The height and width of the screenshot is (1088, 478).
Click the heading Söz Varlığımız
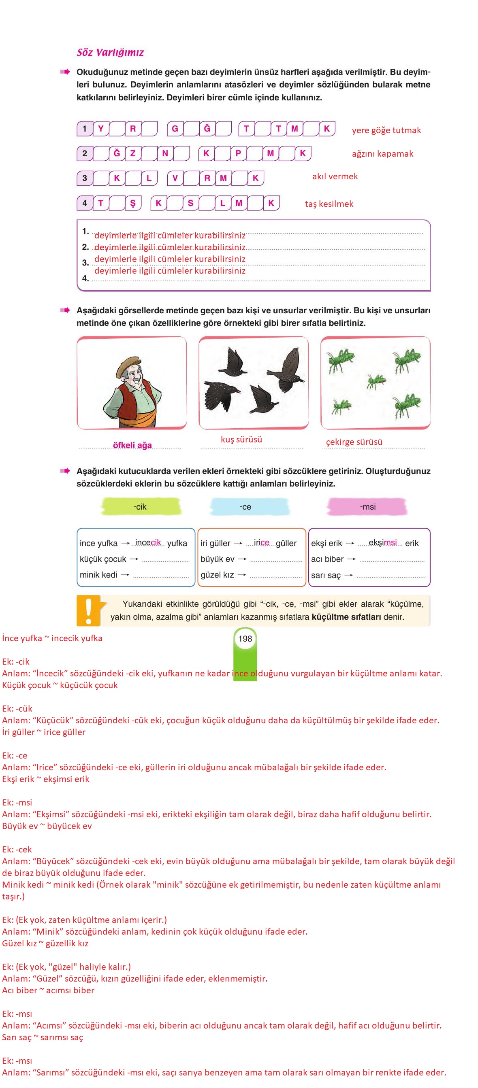click(110, 52)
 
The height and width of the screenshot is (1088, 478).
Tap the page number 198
click(245, 639)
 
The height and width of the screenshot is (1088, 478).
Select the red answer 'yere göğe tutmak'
click(386, 130)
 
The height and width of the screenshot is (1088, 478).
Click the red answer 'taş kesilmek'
click(329, 204)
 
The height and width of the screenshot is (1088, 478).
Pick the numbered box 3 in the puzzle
click(85, 178)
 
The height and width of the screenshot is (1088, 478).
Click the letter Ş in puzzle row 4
click(133, 203)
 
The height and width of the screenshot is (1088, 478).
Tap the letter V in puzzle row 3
click(175, 178)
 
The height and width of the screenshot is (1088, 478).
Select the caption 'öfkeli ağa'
click(132, 445)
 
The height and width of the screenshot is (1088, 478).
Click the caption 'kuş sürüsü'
click(241, 439)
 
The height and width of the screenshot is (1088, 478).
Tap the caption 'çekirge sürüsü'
click(354, 442)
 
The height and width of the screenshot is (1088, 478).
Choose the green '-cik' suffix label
click(140, 506)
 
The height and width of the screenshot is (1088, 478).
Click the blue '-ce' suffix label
click(245, 506)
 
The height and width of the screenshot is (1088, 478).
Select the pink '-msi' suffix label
click(367, 506)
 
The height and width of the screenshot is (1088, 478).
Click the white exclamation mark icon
click(88, 610)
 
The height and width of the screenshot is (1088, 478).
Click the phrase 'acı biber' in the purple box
click(327, 559)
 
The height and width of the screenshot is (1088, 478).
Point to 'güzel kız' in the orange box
click(217, 575)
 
